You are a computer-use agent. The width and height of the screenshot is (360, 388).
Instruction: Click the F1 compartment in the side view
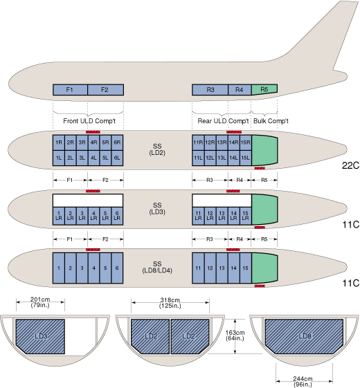[70, 90]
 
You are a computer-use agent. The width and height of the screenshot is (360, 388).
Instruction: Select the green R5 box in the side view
[264, 89]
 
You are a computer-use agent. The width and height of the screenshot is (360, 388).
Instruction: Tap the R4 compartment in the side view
[240, 90]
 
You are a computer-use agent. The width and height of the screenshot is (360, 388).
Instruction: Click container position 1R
[59, 142]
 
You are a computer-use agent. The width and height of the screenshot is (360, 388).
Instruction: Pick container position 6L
[117, 158]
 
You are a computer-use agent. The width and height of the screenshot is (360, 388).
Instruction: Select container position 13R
[222, 142]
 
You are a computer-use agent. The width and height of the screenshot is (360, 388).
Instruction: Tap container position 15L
[246, 158]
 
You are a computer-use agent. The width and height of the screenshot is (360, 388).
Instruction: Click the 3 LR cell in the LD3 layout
[82, 216]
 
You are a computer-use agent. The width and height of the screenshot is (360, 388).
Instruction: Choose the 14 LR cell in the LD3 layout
[233, 216]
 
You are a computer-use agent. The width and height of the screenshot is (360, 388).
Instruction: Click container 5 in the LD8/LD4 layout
[105, 268]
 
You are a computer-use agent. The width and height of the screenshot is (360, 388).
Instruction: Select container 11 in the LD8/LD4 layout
[198, 268]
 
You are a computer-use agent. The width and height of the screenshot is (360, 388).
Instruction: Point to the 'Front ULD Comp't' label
[89, 121]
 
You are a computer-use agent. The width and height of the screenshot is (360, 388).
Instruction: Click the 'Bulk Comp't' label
[271, 121]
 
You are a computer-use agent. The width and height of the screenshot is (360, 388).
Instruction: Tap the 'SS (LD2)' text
[157, 149]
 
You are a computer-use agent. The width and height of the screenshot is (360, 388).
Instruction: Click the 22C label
[350, 165]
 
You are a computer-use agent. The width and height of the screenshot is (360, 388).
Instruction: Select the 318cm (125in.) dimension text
[170, 303]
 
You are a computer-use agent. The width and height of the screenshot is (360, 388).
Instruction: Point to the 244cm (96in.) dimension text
[303, 382]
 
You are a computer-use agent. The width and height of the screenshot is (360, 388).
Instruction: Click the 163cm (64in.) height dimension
[235, 335]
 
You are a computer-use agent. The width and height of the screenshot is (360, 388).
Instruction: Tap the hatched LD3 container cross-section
[40, 336]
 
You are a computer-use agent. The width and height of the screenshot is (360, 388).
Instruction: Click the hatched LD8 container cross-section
[304, 336]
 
